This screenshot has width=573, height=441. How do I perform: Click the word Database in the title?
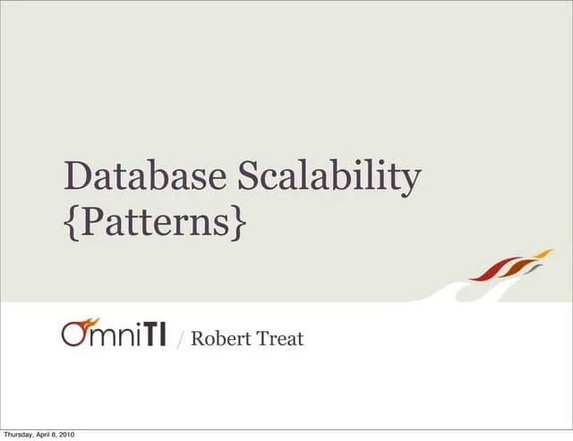[144, 177]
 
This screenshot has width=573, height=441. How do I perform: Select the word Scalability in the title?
[329, 177]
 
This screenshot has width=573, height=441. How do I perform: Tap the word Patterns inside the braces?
[154, 222]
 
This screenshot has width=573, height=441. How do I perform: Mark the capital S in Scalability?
[247, 177]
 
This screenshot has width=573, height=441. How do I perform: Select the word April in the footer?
[45, 435]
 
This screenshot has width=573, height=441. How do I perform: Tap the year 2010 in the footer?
[66, 435]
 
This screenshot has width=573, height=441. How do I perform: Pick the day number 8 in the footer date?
[56, 435]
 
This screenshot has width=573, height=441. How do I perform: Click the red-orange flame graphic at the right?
[510, 267]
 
